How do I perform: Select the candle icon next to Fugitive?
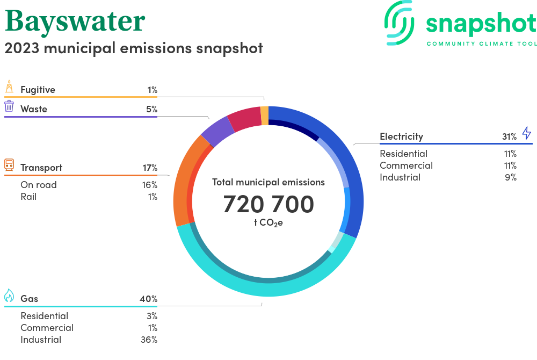click(x=9, y=87)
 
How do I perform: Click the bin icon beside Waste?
click(x=9, y=106)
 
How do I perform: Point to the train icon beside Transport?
click(x=9, y=165)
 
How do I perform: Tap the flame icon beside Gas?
click(x=9, y=296)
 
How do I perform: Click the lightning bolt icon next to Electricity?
click(x=526, y=133)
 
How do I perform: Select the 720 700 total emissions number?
click(x=268, y=204)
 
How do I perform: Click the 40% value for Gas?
click(x=148, y=299)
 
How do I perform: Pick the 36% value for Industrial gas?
click(x=148, y=340)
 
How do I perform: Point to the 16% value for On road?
click(x=150, y=185)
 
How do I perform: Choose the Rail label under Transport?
click(x=28, y=197)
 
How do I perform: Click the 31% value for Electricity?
click(x=509, y=136)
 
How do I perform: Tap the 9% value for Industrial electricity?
click(x=510, y=177)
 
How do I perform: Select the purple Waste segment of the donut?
click(x=217, y=132)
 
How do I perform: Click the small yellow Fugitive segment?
click(x=264, y=116)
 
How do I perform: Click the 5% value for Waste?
click(x=151, y=109)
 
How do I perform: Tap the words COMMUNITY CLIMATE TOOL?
click(x=481, y=44)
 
